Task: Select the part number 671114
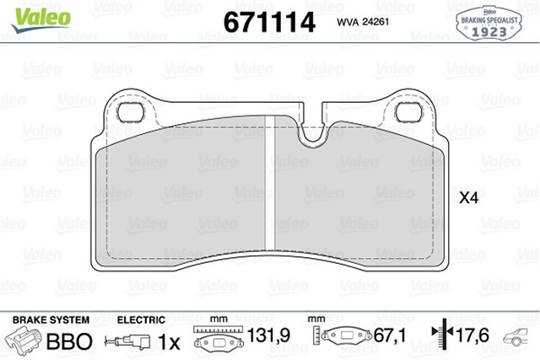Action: (269, 22)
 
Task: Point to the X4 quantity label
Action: (468, 199)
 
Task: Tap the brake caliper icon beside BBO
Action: (25, 341)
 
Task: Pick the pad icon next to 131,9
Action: (219, 341)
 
